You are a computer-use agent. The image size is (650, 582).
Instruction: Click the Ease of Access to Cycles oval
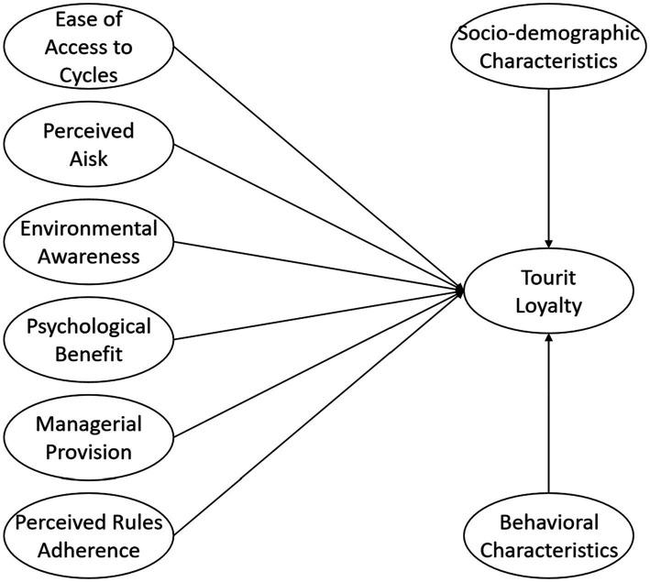tap(86, 46)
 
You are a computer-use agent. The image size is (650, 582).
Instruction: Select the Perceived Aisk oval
tap(88, 144)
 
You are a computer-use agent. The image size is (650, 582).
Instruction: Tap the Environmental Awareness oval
tap(86, 243)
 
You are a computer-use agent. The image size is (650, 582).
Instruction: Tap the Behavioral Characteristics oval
tap(548, 536)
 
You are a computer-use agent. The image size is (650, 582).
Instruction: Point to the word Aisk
tap(88, 159)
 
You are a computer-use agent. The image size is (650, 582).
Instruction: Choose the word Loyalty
tap(546, 307)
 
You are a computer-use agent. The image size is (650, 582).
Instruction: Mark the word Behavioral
tap(548, 522)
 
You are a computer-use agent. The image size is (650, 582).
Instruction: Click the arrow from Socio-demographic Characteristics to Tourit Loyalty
tap(546, 165)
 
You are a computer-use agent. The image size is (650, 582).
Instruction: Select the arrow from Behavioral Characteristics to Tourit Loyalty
tap(547, 412)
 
